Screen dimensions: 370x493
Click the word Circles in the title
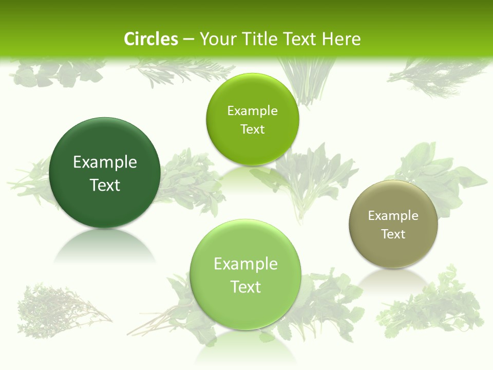(151, 39)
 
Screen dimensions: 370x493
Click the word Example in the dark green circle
(105, 162)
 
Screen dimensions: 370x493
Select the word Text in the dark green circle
(105, 185)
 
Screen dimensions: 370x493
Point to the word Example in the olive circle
(393, 216)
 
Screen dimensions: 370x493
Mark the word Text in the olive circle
(393, 234)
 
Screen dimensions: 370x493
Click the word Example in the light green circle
(245, 264)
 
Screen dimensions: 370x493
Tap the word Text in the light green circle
(245, 287)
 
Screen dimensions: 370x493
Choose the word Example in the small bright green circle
(252, 111)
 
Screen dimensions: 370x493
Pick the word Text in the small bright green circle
(252, 129)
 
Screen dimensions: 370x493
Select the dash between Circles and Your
(188, 40)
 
